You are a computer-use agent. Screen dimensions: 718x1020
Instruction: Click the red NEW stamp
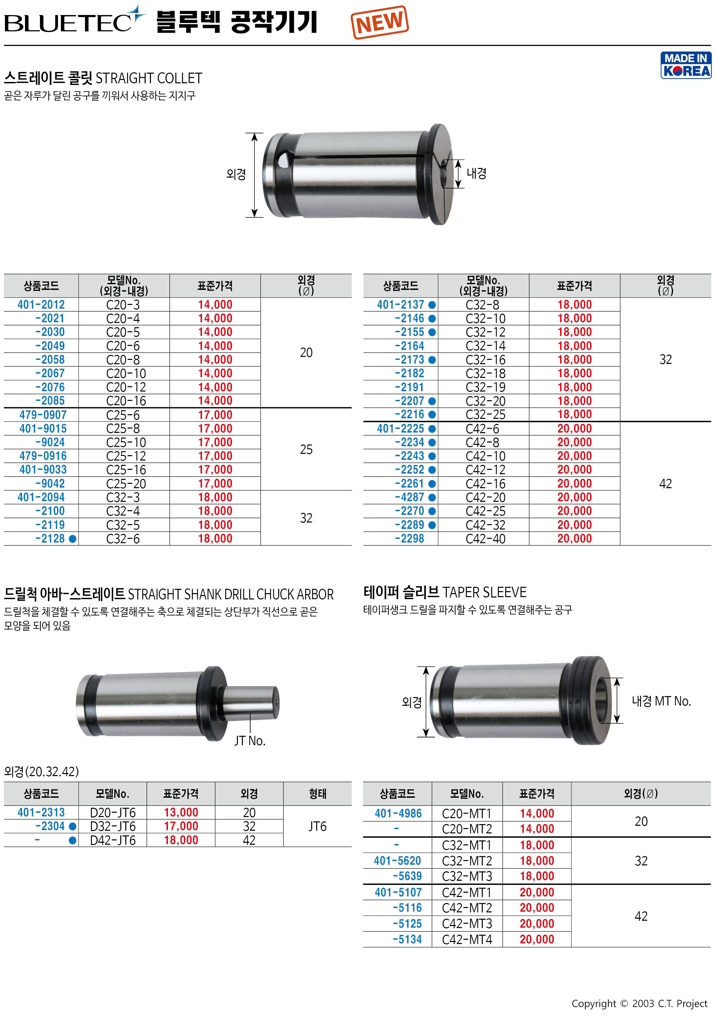coord(379,22)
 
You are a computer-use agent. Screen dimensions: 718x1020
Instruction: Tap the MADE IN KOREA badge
coord(686,65)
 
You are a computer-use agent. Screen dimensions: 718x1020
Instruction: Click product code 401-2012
coord(41,305)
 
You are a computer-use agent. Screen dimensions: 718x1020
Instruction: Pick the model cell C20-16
coord(126,401)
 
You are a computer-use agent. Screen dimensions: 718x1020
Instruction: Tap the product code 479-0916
coord(43,456)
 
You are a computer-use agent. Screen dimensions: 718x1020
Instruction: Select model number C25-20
coord(126,484)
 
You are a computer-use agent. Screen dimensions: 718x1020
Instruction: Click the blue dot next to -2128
coord(73,539)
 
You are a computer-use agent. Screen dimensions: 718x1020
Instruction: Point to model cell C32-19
coord(486,388)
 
